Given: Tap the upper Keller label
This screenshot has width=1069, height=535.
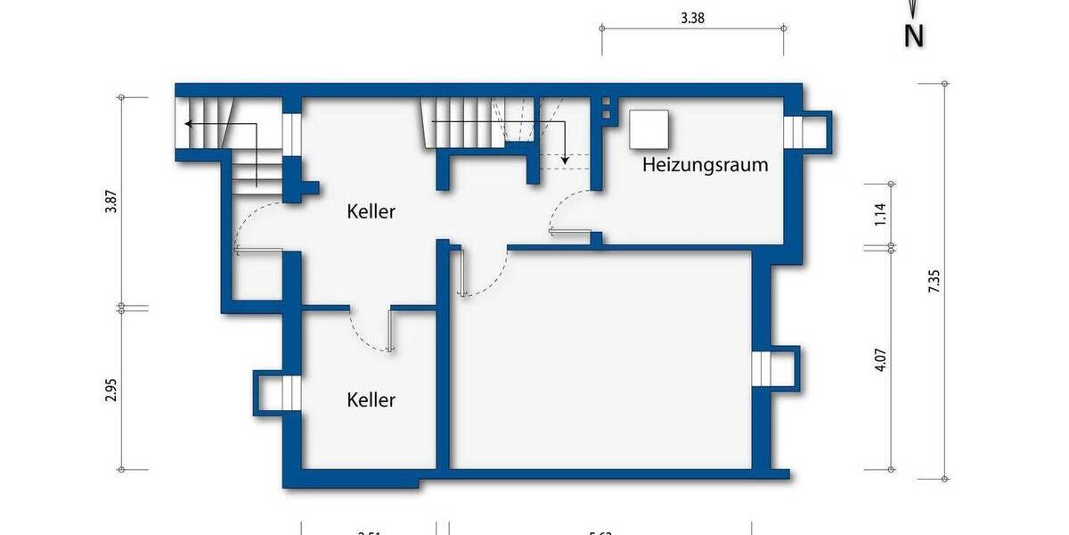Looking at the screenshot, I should (371, 212).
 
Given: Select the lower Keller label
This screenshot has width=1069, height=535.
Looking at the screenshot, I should (371, 399).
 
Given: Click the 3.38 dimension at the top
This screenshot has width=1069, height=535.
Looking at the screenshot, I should (692, 17).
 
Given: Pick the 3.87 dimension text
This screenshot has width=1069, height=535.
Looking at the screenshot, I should (110, 202).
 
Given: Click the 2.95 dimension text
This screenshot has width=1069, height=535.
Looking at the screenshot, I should (110, 390).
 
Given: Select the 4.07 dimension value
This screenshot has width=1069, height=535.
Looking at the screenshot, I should (880, 359).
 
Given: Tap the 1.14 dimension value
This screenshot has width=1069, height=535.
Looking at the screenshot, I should (880, 216).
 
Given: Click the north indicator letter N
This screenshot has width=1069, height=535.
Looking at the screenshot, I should (913, 37).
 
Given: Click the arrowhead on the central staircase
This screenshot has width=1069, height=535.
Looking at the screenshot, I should (565, 160).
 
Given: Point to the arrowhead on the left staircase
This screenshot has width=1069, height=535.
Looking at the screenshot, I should (188, 123).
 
